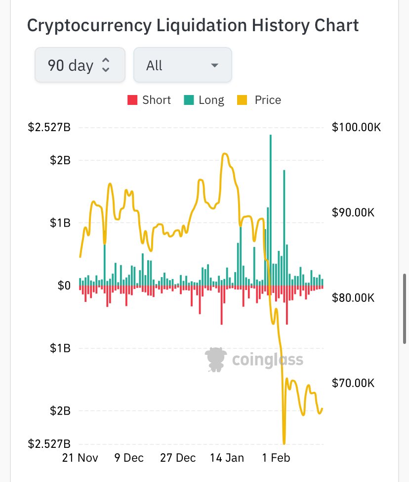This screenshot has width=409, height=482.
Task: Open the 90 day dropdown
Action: tap(79, 65)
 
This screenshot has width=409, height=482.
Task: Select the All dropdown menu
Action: tap(182, 65)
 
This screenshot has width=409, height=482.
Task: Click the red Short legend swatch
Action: tap(132, 100)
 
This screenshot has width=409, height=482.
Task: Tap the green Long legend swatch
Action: tap(189, 100)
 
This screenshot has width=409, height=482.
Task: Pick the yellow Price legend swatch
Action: tap(242, 100)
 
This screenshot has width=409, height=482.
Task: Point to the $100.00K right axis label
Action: tap(357, 128)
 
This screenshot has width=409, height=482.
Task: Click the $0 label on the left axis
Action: tap(64, 286)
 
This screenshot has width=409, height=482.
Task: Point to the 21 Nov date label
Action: tap(80, 458)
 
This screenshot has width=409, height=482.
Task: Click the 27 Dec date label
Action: tap(177, 458)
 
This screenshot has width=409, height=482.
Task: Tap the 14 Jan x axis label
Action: tap(227, 458)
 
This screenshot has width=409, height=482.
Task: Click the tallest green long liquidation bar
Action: tap(271, 208)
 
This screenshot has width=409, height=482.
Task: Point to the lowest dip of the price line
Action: tap(284, 442)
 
